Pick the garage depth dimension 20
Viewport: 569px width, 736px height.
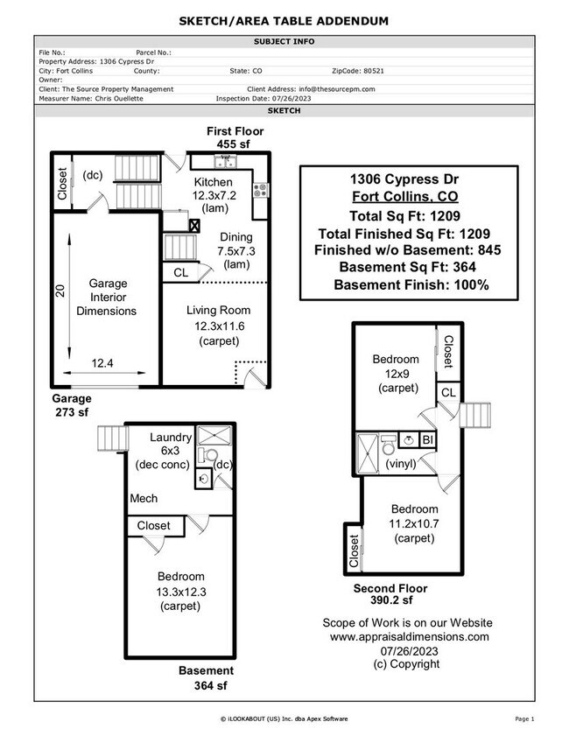point(61,291)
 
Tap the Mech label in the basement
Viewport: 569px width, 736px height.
point(144,499)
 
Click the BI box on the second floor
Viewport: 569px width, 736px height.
point(428,439)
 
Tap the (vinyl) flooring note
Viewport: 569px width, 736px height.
point(400,464)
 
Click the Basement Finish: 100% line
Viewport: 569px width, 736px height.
point(411,284)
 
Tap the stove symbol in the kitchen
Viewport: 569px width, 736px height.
point(260,189)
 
